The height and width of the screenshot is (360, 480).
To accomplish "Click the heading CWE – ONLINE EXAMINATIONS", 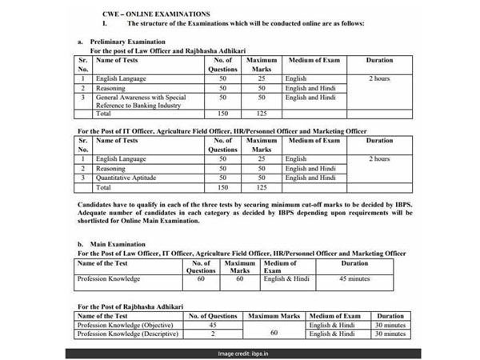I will [x=157, y=14].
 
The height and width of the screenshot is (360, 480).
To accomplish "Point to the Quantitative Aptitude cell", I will [x=126, y=178].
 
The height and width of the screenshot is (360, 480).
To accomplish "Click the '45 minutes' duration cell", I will [x=354, y=279].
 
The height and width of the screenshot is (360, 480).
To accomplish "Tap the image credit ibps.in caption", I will [x=239, y=352].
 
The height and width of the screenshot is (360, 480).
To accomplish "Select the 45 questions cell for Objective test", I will [x=213, y=325].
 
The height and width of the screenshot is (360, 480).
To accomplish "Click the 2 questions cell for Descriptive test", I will [x=213, y=334].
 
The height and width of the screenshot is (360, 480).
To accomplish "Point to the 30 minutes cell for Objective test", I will [x=390, y=325].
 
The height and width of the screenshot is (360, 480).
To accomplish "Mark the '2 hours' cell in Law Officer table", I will [x=380, y=79].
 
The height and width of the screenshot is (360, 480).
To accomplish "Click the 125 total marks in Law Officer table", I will [x=260, y=114].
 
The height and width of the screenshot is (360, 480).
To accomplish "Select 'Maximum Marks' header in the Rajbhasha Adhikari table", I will [x=274, y=316].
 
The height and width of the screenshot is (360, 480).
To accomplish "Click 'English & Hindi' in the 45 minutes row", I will [x=286, y=279].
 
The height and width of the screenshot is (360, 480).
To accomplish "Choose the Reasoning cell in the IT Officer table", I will [x=110, y=168].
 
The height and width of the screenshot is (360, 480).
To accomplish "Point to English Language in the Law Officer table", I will [x=121, y=79].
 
